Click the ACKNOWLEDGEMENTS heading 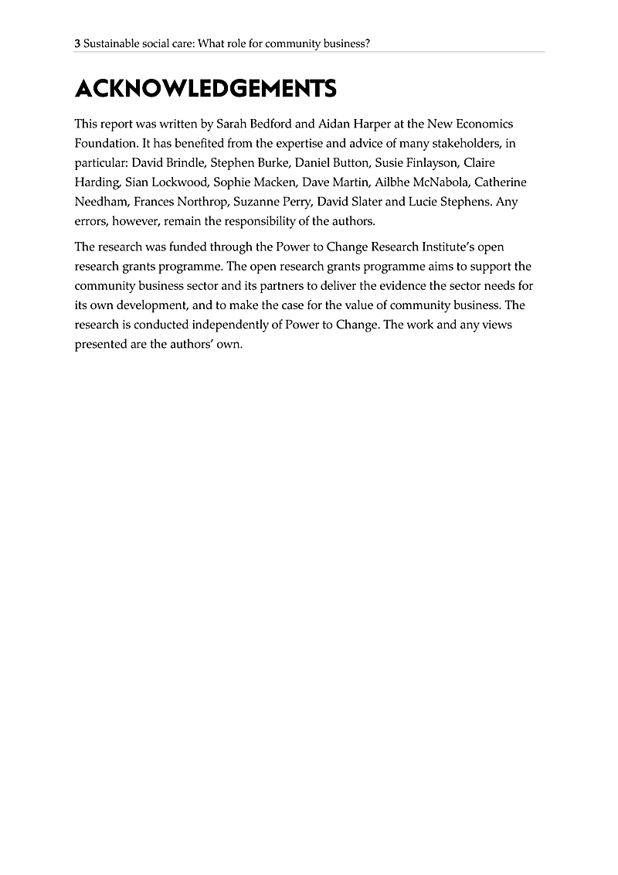click(x=205, y=89)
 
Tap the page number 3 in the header click(x=77, y=44)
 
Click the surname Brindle click(x=188, y=163)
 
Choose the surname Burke click(x=273, y=163)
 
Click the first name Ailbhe click(x=393, y=182)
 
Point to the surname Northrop click(x=197, y=203)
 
